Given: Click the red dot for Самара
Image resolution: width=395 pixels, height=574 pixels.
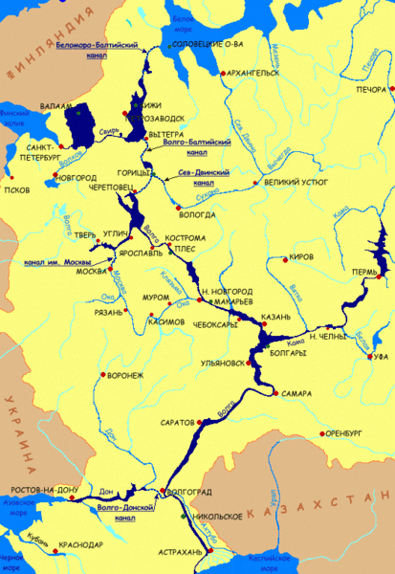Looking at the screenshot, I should (275, 393).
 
